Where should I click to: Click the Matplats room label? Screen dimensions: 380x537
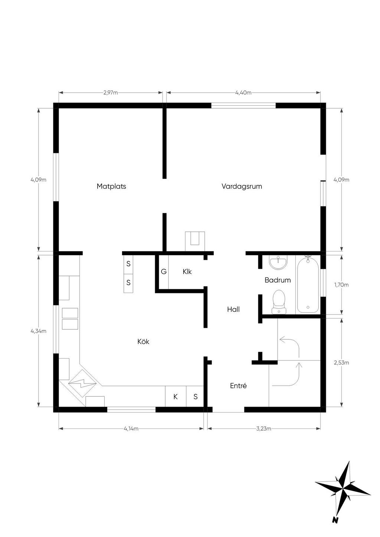[x=111, y=187]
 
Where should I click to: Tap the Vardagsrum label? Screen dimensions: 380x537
[x=242, y=187]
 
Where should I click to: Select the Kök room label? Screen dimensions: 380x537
[x=143, y=342]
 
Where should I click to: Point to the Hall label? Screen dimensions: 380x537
[x=233, y=309]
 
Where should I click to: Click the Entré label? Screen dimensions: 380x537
[x=238, y=385]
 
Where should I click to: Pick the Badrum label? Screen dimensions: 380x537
[x=278, y=280]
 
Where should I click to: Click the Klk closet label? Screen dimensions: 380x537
[x=187, y=271]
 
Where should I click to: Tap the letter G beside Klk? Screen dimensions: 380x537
[x=164, y=271]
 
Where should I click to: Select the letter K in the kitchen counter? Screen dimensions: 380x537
[x=176, y=397]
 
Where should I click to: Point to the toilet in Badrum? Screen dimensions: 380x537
[x=279, y=302]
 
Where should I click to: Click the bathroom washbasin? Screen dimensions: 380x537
[x=278, y=262]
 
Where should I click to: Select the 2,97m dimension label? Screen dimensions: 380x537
[x=111, y=93]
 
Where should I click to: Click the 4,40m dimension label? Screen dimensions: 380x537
[x=243, y=93]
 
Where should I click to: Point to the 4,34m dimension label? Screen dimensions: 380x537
[x=38, y=331]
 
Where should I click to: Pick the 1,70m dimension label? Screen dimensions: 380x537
[x=341, y=285]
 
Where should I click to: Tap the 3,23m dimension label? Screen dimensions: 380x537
[x=263, y=429]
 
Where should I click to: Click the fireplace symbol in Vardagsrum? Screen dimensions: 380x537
[x=195, y=241]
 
